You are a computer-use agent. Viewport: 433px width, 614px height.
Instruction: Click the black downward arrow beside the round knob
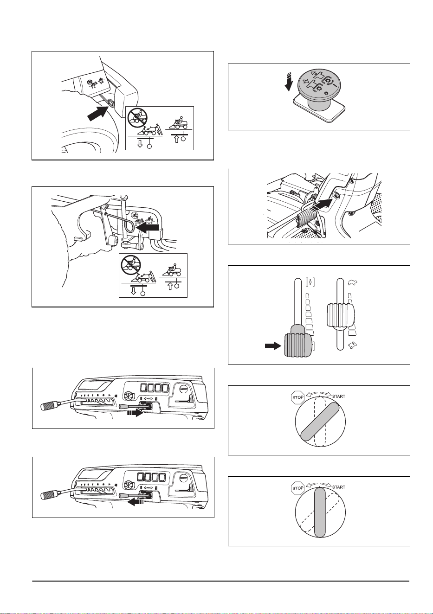pos(288,82)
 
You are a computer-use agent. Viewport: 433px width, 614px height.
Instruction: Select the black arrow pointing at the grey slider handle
pos(273,346)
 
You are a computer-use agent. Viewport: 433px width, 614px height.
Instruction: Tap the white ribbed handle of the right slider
pos(340,315)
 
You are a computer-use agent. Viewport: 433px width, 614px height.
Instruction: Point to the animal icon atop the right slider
pos(353,282)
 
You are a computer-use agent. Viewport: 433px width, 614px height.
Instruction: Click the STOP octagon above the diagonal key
pos(298,397)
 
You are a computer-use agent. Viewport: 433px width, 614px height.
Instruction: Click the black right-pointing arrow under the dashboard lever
pos(135,413)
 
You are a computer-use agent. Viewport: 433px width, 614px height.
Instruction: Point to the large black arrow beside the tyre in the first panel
pos(97,112)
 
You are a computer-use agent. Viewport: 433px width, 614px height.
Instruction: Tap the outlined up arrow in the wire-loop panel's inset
pos(170,287)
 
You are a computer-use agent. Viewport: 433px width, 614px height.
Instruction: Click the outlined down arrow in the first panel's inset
pos(140,144)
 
